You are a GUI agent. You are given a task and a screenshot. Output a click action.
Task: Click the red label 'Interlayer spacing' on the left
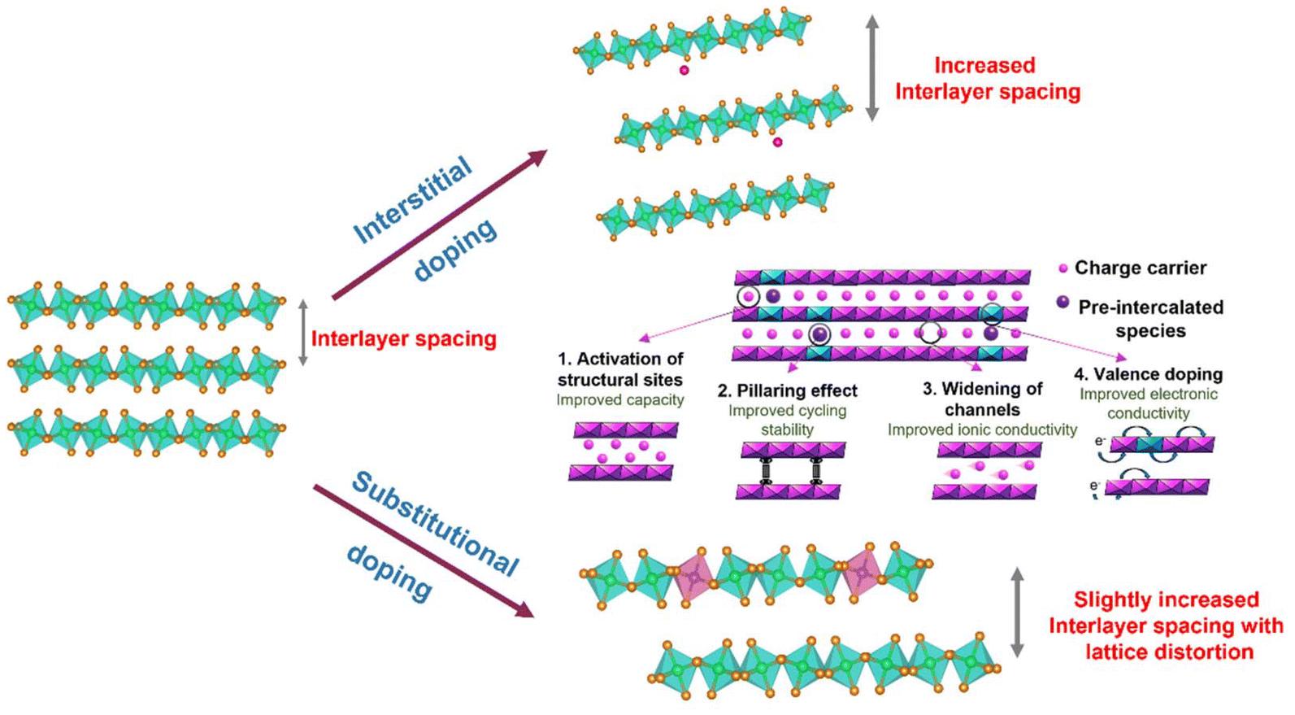coord(403,338)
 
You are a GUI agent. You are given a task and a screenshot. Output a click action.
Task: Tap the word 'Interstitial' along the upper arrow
coord(411,200)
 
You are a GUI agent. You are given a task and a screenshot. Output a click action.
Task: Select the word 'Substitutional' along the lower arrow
coord(434,524)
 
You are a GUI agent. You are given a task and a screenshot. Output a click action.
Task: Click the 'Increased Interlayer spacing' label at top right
coord(987,78)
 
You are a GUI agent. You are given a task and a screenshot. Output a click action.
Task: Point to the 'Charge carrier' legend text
coord(1140,268)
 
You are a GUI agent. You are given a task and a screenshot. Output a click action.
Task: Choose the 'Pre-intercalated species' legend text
coord(1149,318)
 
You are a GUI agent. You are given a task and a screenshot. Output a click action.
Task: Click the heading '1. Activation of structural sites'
coord(619,368)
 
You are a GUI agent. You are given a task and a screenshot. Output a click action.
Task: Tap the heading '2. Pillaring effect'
coord(787,390)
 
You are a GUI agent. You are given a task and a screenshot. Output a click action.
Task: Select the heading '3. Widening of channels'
coord(982,399)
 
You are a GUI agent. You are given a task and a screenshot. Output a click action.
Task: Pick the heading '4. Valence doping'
coord(1148,374)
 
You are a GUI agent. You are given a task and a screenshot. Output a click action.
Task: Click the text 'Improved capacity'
coord(619,400)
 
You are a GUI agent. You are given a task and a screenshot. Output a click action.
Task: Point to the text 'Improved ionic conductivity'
coord(982,429)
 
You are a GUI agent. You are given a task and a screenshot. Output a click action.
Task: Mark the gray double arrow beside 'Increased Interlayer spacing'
coord(872,68)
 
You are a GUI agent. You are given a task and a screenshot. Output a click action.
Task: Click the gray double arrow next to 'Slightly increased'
coord(1017,612)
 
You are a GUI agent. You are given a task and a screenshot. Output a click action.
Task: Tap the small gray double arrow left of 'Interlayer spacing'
coord(303,332)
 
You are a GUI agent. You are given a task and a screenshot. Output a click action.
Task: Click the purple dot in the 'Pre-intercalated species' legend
coord(1063,303)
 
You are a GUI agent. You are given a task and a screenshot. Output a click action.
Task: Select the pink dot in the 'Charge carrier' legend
coord(1063,268)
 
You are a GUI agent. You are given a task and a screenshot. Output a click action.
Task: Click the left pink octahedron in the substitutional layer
coord(693,578)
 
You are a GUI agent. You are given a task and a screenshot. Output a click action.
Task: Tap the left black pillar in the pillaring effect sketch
coord(765,471)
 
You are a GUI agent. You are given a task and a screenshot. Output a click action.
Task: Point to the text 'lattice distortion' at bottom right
coord(1168,652)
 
